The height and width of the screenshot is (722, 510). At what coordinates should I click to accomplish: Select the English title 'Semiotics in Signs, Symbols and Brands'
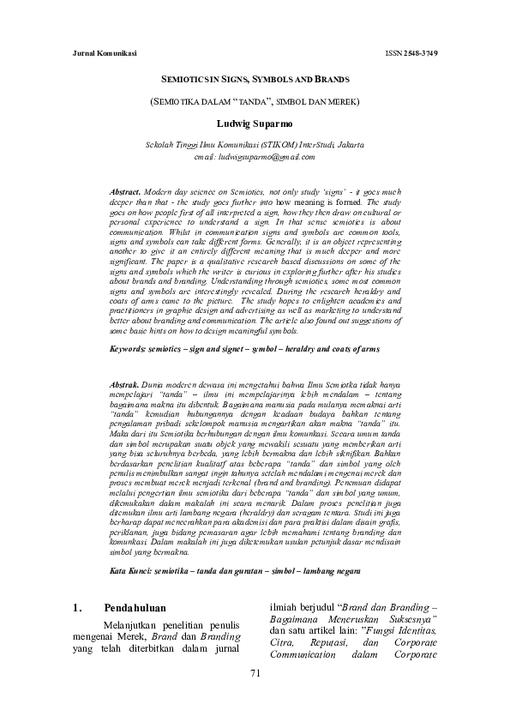(254, 80)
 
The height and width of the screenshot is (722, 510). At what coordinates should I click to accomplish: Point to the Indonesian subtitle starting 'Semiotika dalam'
(254, 101)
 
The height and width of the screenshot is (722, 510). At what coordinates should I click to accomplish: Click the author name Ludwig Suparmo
(254, 123)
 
